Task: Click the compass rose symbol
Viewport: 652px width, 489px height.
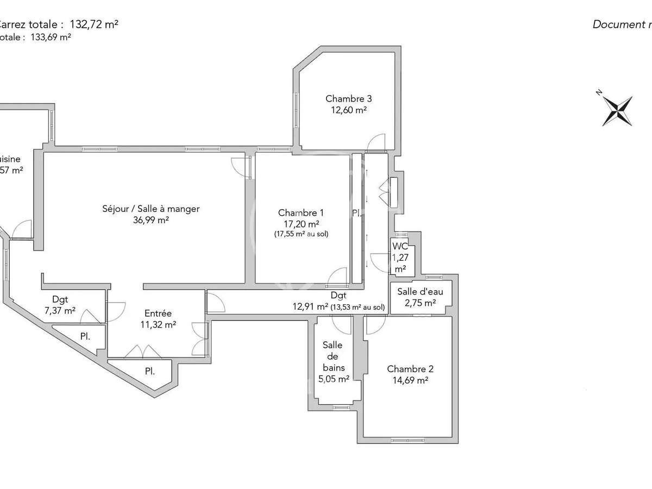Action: pos(618,110)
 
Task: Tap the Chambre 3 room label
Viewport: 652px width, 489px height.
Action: pos(348,99)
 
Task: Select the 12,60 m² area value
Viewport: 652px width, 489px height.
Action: pos(348,110)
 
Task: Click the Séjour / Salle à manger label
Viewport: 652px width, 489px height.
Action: pos(151,209)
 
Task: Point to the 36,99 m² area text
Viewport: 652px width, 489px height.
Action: pos(151,220)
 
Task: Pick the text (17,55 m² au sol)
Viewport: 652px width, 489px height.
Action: pos(302,234)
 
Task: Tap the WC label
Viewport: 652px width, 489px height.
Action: pos(400,246)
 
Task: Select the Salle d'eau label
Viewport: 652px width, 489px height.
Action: pos(420,292)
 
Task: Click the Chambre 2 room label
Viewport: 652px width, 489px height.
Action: pos(410,369)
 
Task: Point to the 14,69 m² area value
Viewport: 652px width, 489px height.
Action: pos(410,381)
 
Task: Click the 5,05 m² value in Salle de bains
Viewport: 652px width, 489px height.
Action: pos(333,379)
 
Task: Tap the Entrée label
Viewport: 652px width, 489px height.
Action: pos(158,314)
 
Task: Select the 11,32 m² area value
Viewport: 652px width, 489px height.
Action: pos(158,325)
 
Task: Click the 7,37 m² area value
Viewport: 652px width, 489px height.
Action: pos(60,310)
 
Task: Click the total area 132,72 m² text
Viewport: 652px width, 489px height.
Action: pos(94,24)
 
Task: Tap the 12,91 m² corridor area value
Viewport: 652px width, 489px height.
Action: pos(310,307)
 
